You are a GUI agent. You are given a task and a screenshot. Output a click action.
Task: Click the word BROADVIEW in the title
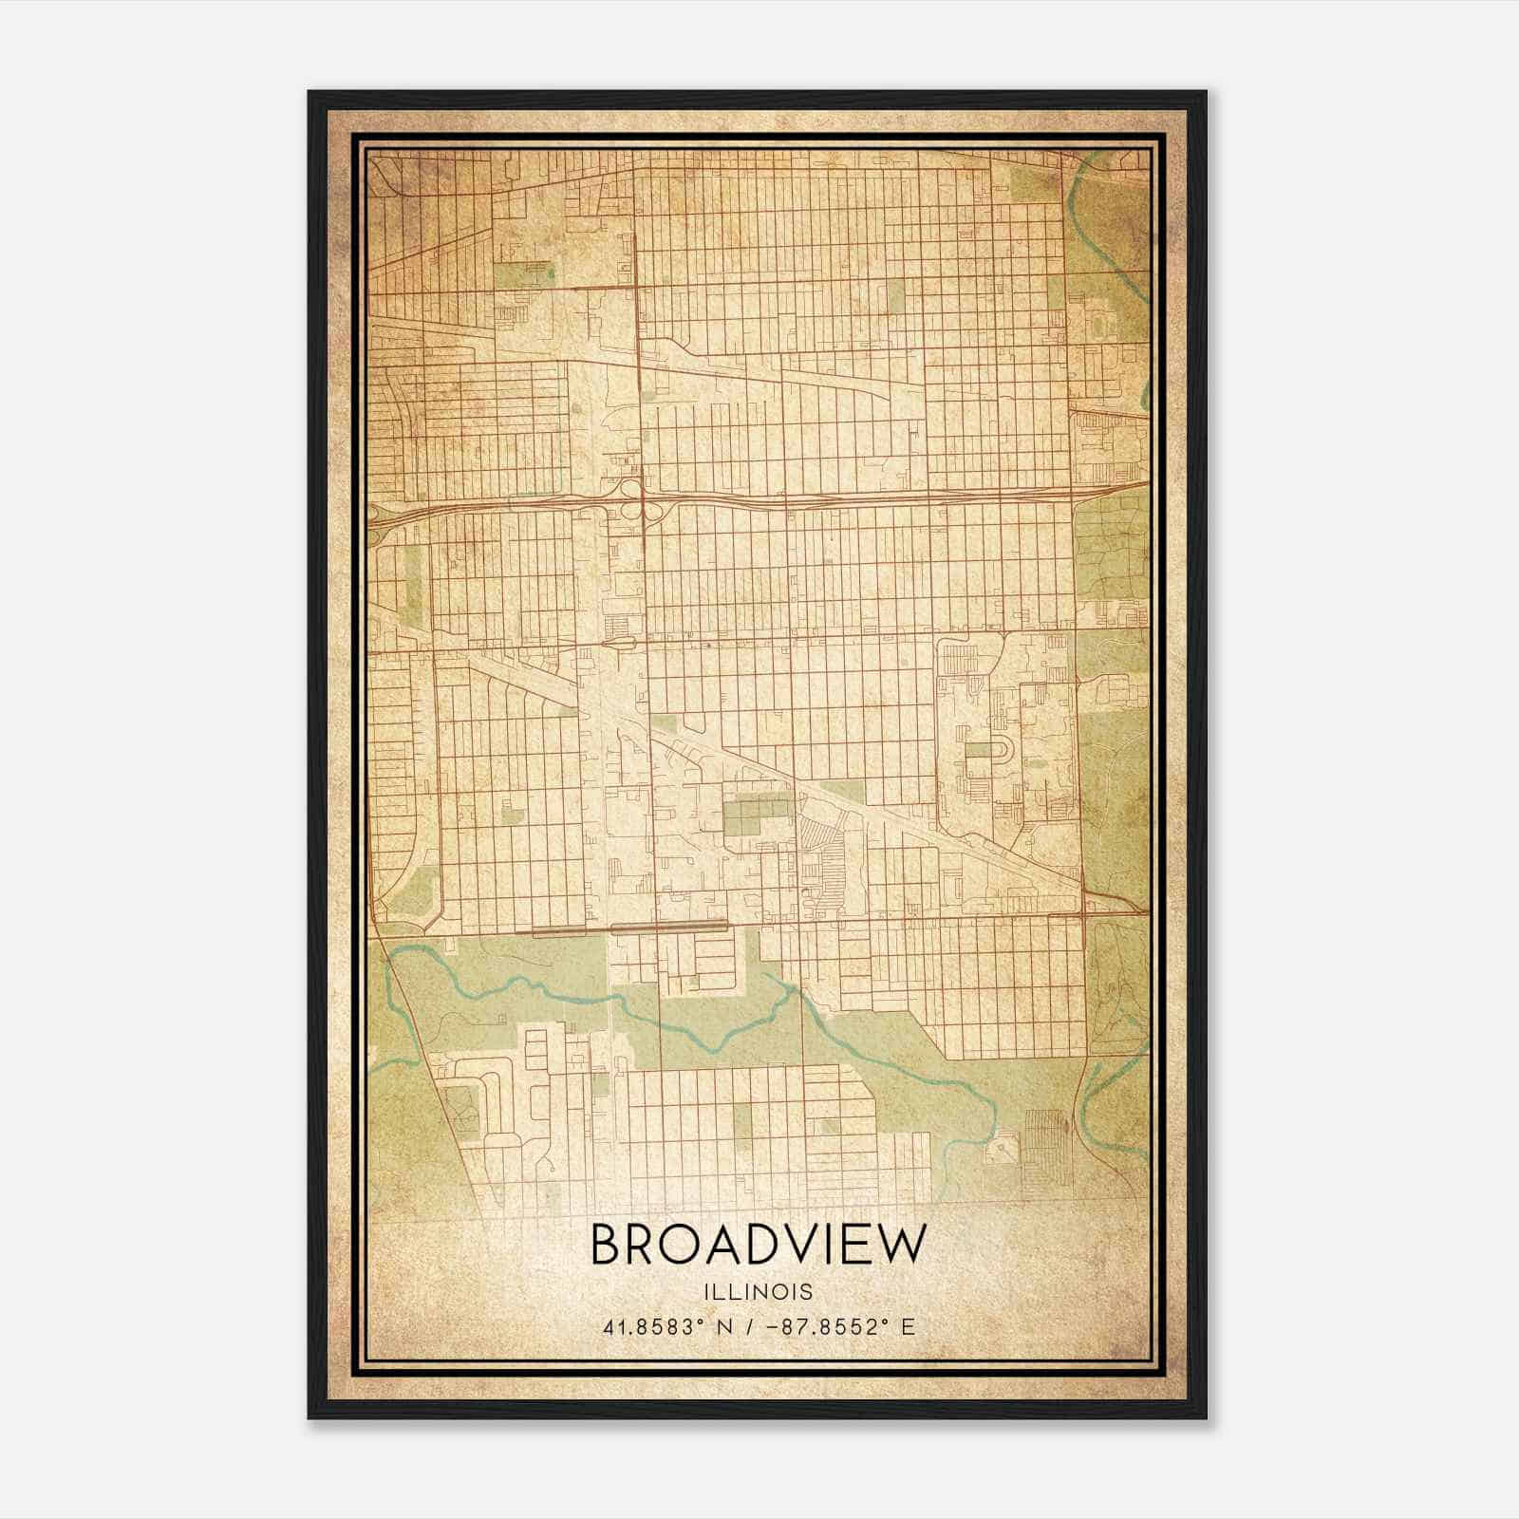[758, 1245]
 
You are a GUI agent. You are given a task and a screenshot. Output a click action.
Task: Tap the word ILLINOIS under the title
[758, 1292]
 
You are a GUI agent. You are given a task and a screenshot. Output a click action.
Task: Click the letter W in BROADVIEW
[896, 1245]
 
